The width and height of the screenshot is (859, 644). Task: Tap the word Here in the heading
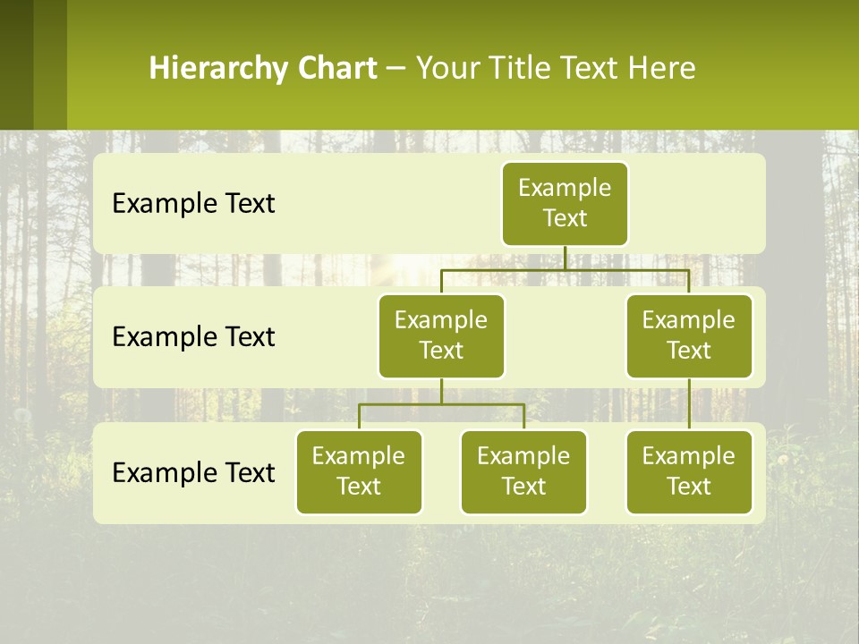pos(661,69)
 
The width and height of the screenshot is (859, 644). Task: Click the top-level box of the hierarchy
pos(565,203)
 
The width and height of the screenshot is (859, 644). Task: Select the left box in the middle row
pos(441,335)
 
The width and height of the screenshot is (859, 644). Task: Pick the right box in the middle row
pos(689,335)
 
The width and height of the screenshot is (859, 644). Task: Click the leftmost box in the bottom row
pos(359,471)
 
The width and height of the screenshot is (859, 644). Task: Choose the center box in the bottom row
pos(523,471)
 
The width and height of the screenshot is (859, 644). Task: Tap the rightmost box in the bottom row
pos(689,471)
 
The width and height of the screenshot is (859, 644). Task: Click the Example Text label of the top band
pos(193,204)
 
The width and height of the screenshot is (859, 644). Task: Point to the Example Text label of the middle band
pos(193,337)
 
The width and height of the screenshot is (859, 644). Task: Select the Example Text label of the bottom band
pos(193,472)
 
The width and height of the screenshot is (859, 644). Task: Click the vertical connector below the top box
pos(565,258)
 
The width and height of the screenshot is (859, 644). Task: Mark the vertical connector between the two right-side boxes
pos(689,403)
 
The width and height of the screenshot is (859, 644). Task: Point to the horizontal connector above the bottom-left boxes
pos(441,404)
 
